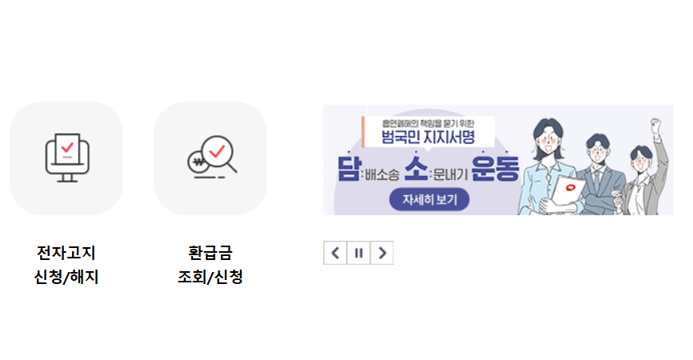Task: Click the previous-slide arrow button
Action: point(335,253)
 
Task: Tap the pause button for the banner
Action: point(359,253)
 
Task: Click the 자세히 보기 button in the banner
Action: point(428,199)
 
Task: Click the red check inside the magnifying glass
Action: point(217,149)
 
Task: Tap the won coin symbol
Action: point(196,164)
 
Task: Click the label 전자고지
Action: point(66,254)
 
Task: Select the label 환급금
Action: point(210,254)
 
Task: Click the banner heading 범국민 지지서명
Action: point(429,138)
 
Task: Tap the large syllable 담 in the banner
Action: point(350,169)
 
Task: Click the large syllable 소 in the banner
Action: point(416,169)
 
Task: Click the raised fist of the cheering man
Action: point(657,126)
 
